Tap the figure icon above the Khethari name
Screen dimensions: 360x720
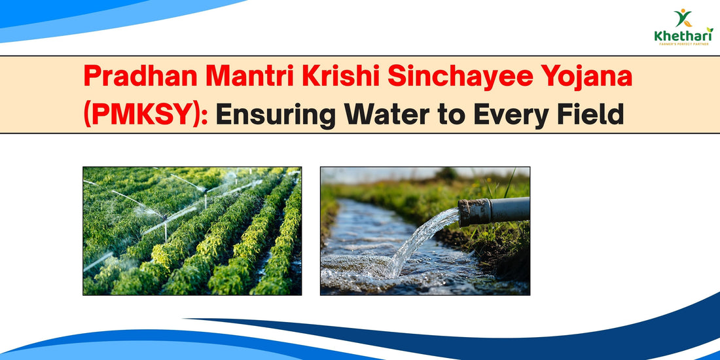[683, 18]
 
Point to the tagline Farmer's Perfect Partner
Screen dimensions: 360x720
[683, 45]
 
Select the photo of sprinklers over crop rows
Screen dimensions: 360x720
[192, 230]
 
